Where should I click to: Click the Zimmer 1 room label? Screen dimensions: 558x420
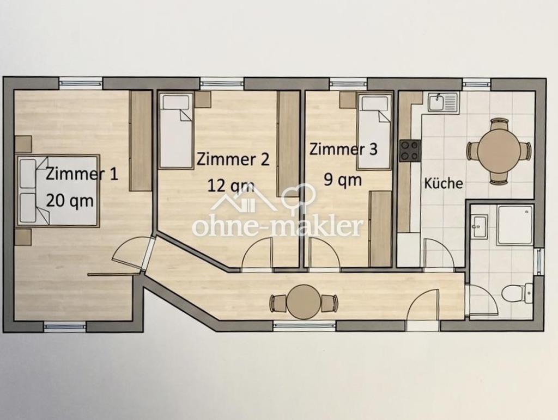click(x=82, y=175)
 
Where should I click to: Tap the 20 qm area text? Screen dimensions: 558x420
click(x=70, y=201)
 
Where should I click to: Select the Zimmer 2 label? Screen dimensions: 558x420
click(x=233, y=159)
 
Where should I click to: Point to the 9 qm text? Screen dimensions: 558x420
click(x=343, y=180)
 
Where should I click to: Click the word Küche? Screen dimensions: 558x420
click(x=444, y=183)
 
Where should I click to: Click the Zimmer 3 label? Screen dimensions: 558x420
click(x=343, y=149)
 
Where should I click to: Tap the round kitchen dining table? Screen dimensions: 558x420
click(x=498, y=151)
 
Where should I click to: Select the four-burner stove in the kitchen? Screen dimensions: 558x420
click(x=410, y=151)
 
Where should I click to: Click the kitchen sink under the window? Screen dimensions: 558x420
click(x=444, y=102)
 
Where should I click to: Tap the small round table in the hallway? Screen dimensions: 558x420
click(x=304, y=302)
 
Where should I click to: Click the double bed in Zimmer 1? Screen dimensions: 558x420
click(x=58, y=190)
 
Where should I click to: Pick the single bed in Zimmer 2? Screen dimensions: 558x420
click(x=177, y=130)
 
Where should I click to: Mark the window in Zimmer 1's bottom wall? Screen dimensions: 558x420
click(x=65, y=326)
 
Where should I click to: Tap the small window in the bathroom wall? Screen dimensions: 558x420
click(x=541, y=262)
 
